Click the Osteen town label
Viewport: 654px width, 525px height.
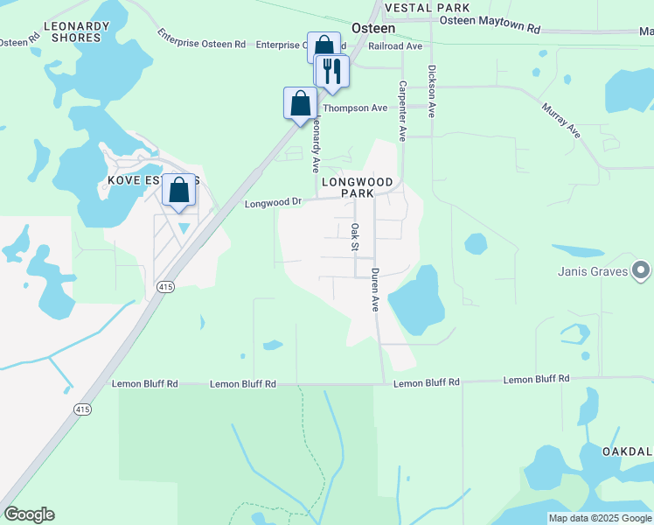pyautogui.click(x=373, y=28)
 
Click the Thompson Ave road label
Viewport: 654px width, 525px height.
pyautogui.click(x=355, y=108)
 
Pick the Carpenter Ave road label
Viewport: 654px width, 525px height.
pyautogui.click(x=403, y=110)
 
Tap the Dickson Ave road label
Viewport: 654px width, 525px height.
pyautogui.click(x=431, y=92)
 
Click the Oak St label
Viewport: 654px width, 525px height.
pyautogui.click(x=355, y=237)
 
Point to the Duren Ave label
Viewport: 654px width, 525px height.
pyautogui.click(x=375, y=290)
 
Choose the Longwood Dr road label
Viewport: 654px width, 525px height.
pyautogui.click(x=273, y=202)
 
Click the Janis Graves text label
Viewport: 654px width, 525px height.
pyautogui.click(x=593, y=271)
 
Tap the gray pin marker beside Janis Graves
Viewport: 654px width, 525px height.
pyautogui.click(x=642, y=270)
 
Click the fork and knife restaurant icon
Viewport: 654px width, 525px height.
pyautogui.click(x=331, y=71)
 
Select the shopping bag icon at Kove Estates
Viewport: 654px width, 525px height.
pyautogui.click(x=178, y=189)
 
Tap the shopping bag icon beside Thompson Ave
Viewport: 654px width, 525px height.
pyautogui.click(x=300, y=102)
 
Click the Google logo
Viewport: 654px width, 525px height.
pyautogui.click(x=29, y=514)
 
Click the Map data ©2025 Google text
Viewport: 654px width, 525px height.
pyautogui.click(x=600, y=518)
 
